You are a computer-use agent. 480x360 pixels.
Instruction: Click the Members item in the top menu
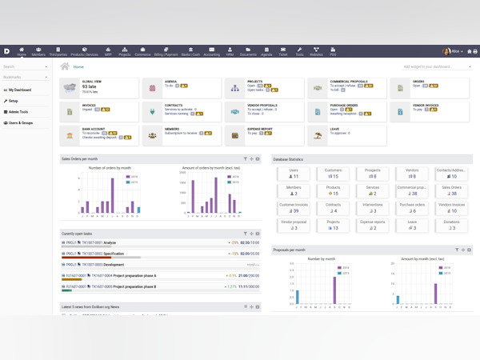click(38, 52)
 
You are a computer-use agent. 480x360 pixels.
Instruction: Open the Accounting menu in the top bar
click(211, 52)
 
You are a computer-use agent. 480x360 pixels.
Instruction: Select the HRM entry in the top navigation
click(230, 52)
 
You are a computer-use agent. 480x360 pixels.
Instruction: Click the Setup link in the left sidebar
click(14, 101)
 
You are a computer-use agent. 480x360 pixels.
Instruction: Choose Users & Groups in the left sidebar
click(21, 123)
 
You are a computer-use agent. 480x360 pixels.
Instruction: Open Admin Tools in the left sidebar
click(18, 112)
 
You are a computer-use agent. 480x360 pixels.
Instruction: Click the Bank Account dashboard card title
click(94, 129)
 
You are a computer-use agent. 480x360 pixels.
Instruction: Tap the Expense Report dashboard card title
click(260, 129)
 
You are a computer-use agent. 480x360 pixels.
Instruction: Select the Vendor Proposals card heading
click(263, 105)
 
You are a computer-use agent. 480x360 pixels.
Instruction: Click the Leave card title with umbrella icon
click(334, 129)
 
